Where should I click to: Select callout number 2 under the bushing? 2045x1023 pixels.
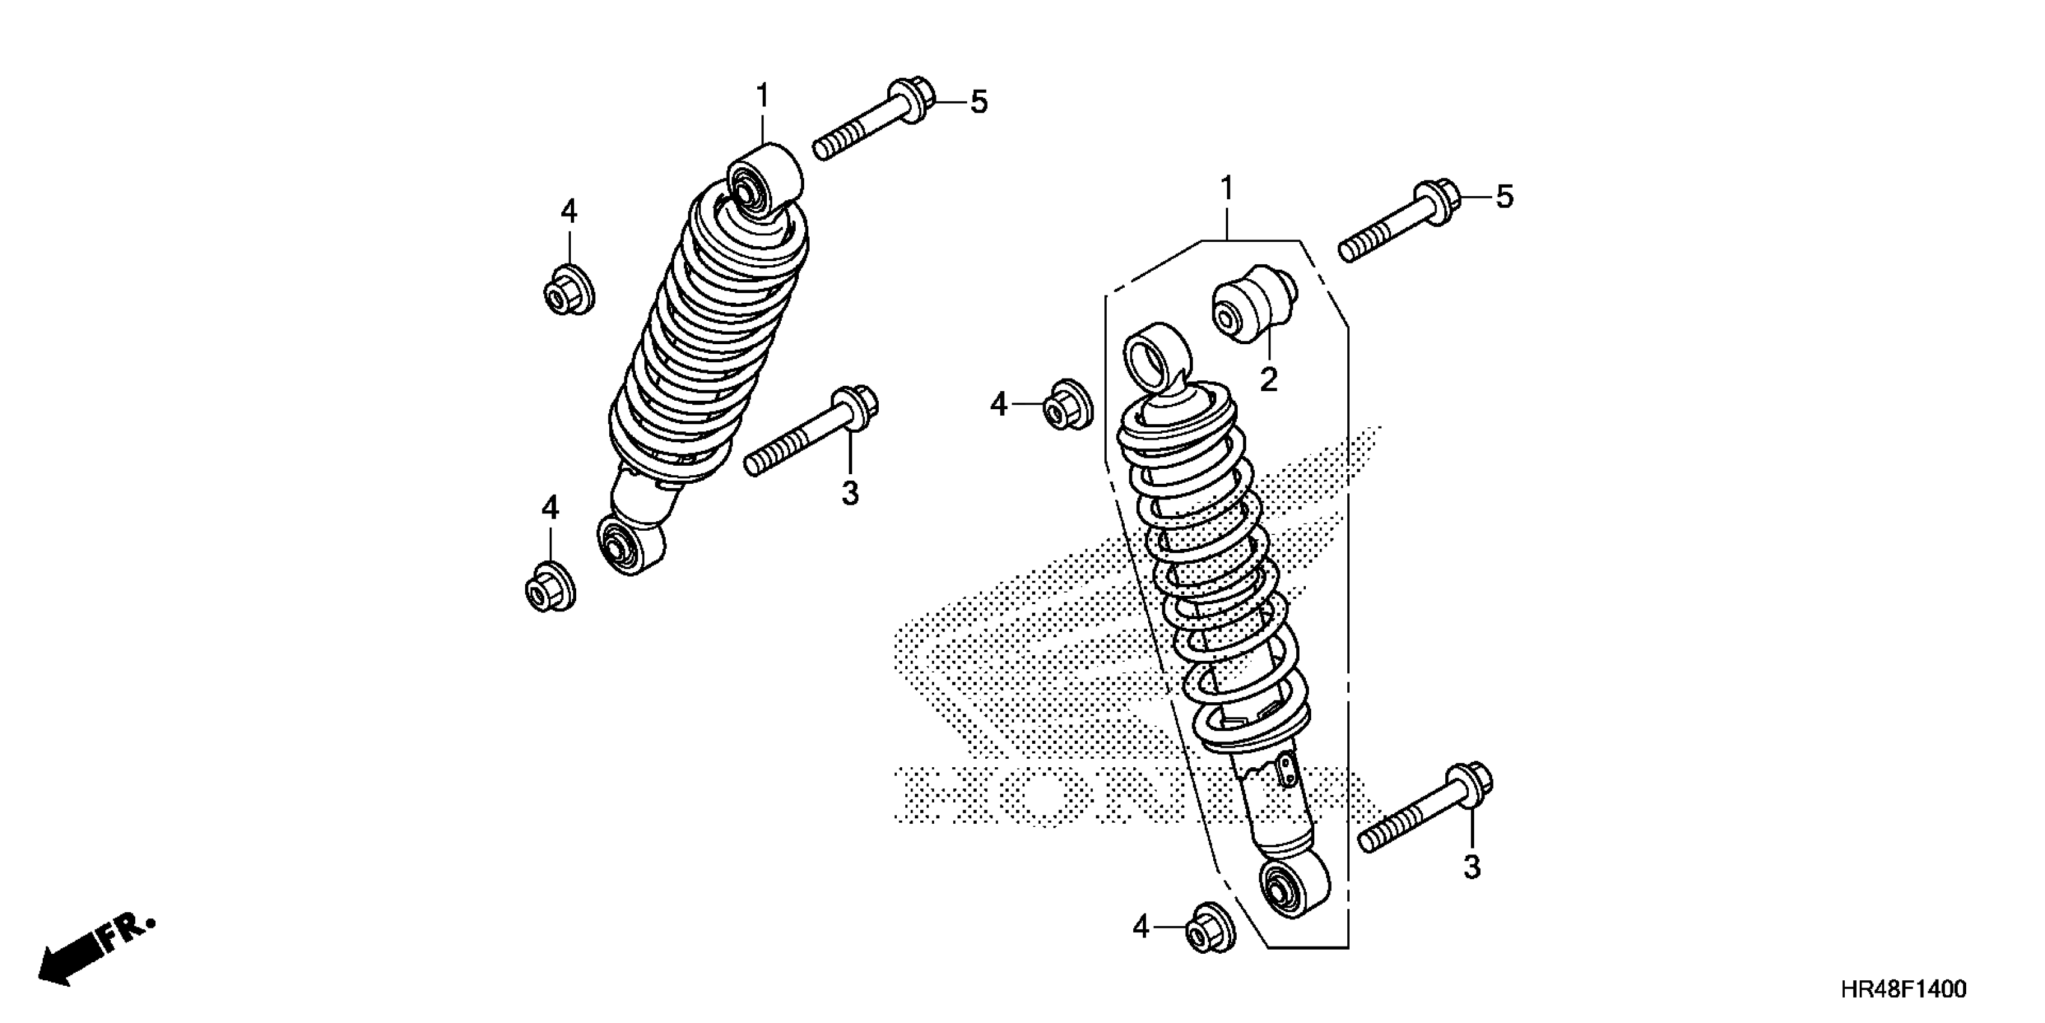pyautogui.click(x=1269, y=380)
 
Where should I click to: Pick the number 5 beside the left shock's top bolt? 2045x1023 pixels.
pyautogui.click(x=979, y=102)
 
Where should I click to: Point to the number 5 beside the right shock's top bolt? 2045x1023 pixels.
pyautogui.click(x=1504, y=197)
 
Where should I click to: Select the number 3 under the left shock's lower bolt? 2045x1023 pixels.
pyautogui.click(x=849, y=493)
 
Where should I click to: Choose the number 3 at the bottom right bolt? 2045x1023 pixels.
pyautogui.click(x=1472, y=867)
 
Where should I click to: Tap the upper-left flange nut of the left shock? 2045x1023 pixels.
pyautogui.click(x=568, y=289)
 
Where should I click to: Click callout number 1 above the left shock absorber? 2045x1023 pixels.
pyautogui.click(x=762, y=97)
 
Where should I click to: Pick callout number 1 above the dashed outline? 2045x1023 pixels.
pyautogui.click(x=1226, y=189)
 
